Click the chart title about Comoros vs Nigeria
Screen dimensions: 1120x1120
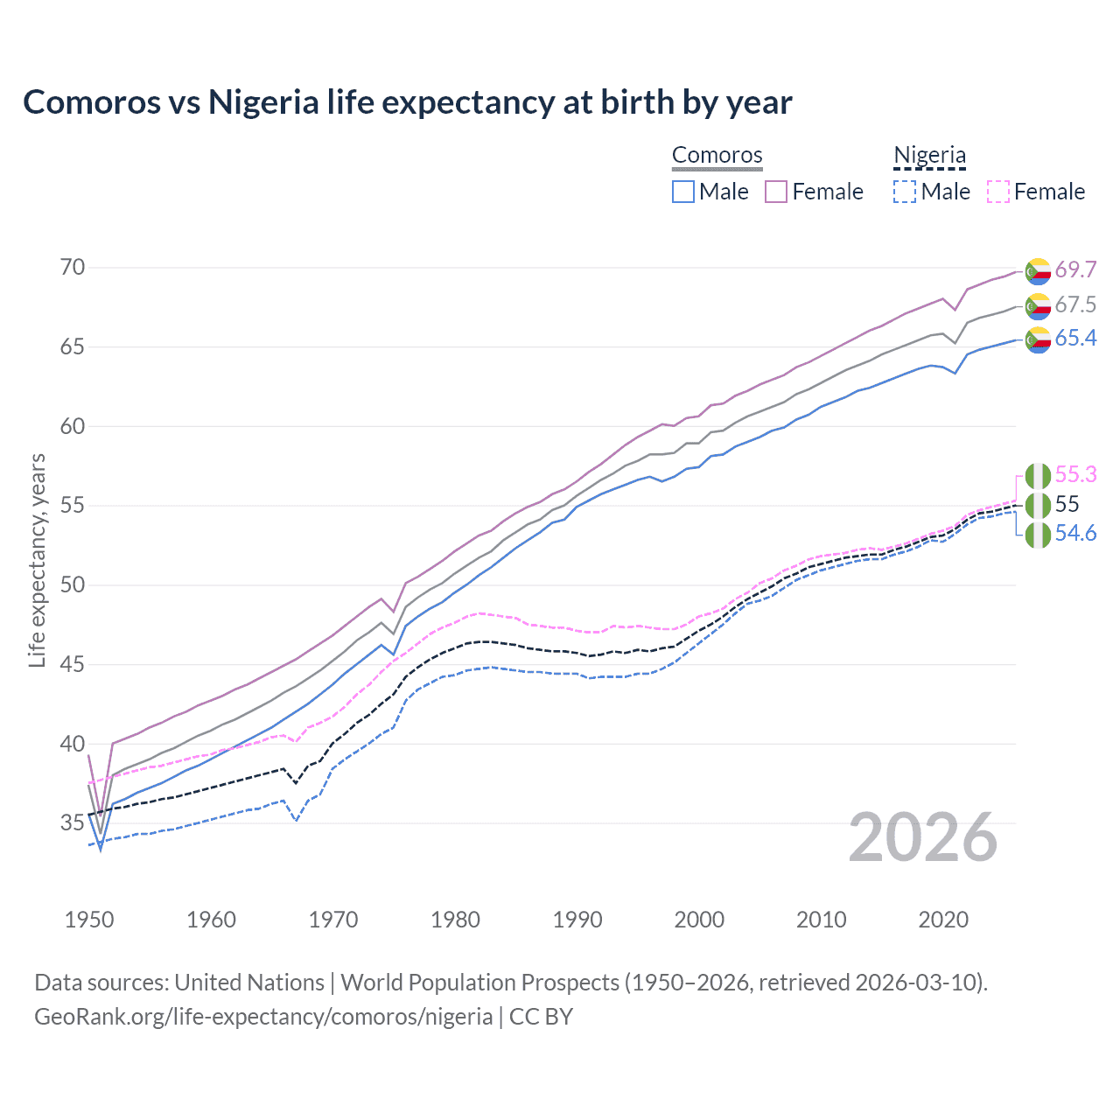click(x=407, y=102)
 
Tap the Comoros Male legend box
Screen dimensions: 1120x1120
click(x=683, y=192)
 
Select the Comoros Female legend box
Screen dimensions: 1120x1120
click(x=776, y=192)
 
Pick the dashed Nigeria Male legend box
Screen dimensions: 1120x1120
click(x=905, y=192)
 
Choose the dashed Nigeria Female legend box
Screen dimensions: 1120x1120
click(x=997, y=192)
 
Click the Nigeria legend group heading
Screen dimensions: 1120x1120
click(x=929, y=156)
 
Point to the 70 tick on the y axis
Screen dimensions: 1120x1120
click(x=73, y=268)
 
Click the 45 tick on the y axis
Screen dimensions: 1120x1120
click(x=73, y=665)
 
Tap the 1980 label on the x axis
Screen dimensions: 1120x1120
click(x=455, y=920)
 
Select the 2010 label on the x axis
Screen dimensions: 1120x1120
click(x=821, y=920)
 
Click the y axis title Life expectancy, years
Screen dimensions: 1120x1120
click(x=37, y=560)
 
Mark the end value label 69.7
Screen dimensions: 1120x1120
click(x=1075, y=269)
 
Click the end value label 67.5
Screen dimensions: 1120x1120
click(x=1075, y=304)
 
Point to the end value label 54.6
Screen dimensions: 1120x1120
click(x=1075, y=534)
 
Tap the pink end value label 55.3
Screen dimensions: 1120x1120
click(x=1075, y=474)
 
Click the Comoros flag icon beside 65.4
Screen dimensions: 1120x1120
click(x=1038, y=339)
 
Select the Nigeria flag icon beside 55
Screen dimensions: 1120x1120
click(x=1038, y=505)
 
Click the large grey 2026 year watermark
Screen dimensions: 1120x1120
click(x=922, y=838)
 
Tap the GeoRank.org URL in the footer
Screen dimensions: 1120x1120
click(x=263, y=1017)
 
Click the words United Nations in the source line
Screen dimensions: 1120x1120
click(x=249, y=983)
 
